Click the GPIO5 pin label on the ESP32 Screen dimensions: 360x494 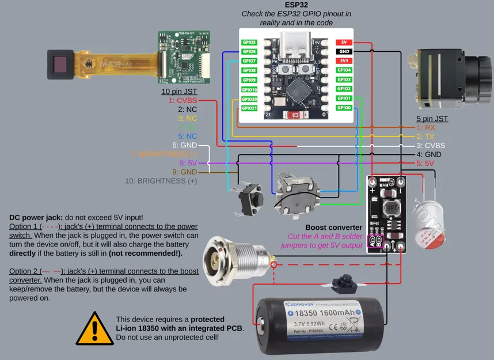pos(249,42)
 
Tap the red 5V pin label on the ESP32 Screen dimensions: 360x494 pos(344,42)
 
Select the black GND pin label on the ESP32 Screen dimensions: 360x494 pos(344,51)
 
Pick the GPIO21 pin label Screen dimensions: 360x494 pos(249,108)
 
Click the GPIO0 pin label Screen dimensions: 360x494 pos(344,108)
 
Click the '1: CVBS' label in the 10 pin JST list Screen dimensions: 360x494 pos(183,100)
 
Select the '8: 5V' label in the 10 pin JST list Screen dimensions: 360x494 pos(188,163)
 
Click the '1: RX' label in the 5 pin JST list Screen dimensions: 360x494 pos(426,127)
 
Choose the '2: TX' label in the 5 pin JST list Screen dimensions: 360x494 pos(426,137)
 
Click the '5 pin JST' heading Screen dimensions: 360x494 pos(432,118)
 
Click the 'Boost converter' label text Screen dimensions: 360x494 pos(334,227)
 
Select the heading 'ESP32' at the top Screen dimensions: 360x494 pos(297,4)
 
